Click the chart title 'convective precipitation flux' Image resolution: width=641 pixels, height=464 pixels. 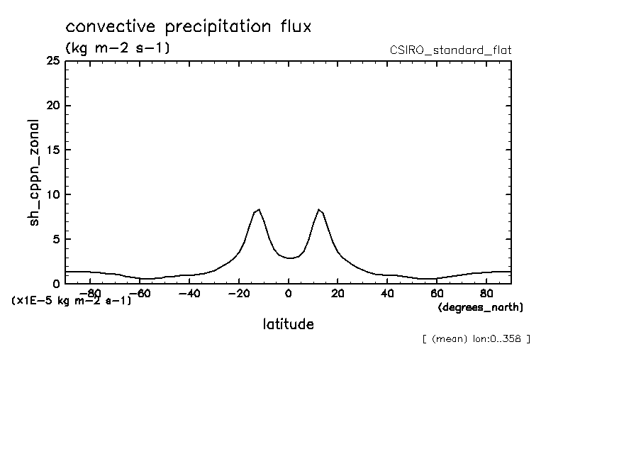189,27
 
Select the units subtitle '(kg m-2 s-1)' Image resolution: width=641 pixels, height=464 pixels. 117,48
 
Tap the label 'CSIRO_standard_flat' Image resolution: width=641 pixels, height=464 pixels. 450,50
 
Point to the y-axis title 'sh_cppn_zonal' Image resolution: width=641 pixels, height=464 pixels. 34,172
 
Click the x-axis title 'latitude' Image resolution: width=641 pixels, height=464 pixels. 288,324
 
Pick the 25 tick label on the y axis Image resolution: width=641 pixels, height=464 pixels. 52,61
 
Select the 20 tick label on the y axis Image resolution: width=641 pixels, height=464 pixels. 52,106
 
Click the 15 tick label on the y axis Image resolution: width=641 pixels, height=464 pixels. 52,150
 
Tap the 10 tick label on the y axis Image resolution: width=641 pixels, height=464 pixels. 52,194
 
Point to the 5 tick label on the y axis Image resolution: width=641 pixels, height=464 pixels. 55,239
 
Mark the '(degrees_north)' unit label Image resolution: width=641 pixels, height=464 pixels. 481,307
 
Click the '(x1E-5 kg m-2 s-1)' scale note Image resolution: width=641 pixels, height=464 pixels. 72,300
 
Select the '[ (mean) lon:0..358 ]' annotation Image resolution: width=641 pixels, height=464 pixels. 476,338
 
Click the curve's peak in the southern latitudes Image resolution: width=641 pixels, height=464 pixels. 259,209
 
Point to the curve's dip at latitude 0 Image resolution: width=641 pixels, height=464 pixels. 289,258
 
